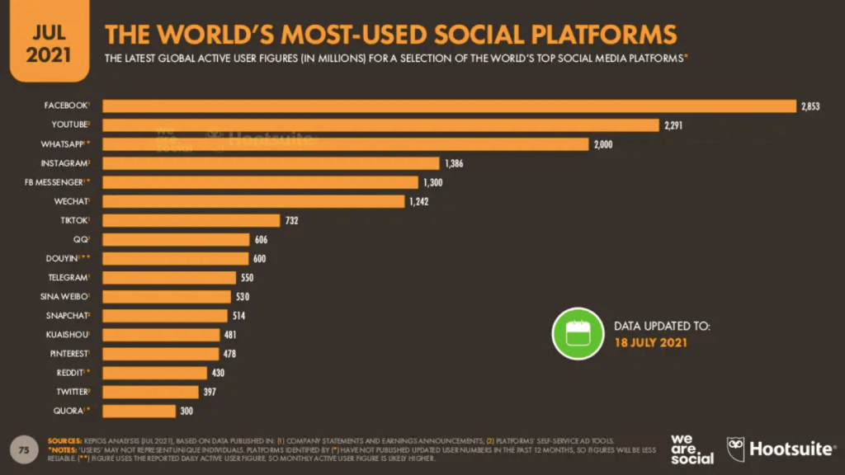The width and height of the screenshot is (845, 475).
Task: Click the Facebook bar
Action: pyautogui.click(x=446, y=106)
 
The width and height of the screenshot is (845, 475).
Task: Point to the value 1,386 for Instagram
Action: pyautogui.click(x=453, y=163)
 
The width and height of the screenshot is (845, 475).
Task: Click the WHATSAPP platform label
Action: pyautogui.click(x=65, y=144)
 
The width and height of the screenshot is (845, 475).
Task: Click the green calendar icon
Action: pyautogui.click(x=578, y=333)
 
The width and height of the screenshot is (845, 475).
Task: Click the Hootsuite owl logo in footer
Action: pyautogui.click(x=735, y=449)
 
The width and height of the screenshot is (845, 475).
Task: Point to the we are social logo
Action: pyautogui.click(x=692, y=449)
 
